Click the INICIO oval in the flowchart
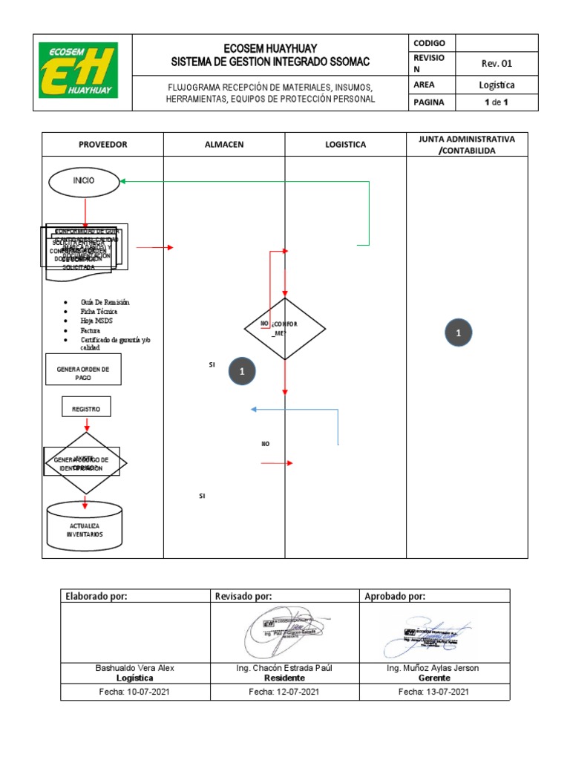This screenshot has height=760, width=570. pos(84,180)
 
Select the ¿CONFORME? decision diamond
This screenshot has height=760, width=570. pos(285,329)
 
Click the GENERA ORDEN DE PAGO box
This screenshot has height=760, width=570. pos(83,373)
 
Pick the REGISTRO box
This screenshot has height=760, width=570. pos(86,408)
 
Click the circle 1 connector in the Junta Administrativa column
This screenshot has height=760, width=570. pos(458,335)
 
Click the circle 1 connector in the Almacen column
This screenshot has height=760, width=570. pos(242,370)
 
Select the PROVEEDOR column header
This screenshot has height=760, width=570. pos(102,145)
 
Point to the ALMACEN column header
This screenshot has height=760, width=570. pos(223,145)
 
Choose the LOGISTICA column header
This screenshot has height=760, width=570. pos(345,145)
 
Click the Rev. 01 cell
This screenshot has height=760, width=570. pos(496,64)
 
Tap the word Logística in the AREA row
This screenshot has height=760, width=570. pos(496,85)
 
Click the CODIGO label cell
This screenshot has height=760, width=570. pos(430,43)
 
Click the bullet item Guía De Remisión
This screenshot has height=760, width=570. pos(105,302)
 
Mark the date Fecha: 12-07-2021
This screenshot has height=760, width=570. pos(285,691)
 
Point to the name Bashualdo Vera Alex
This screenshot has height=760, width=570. pos(135,667)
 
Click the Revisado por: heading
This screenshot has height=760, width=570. pos(243,595)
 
